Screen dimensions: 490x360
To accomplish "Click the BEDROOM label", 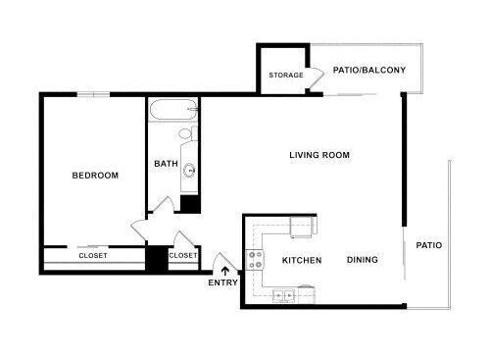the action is [x=95, y=176].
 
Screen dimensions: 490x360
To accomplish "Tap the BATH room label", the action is [x=166, y=164].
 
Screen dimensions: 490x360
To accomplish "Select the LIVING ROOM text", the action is [x=319, y=155].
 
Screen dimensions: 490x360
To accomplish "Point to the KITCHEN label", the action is [x=302, y=260].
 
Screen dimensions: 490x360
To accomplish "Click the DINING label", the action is [x=363, y=260].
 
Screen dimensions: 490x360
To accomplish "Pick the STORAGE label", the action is [x=286, y=76].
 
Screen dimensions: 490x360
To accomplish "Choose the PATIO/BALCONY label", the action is [x=369, y=70].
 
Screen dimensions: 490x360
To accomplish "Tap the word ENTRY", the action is [x=223, y=283].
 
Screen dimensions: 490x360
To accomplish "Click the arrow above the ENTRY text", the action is [x=225, y=272].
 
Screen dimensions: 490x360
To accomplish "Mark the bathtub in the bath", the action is [x=173, y=110].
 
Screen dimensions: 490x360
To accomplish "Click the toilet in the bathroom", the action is [x=188, y=133].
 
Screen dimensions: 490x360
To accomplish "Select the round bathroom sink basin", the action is [x=189, y=170].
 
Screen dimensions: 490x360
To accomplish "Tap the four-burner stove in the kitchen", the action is [x=255, y=260].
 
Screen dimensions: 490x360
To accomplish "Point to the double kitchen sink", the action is [x=283, y=296].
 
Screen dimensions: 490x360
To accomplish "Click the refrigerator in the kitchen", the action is [x=304, y=227].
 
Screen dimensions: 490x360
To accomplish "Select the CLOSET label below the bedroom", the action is [x=93, y=256].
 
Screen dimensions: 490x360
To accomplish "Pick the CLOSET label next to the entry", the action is [x=183, y=255].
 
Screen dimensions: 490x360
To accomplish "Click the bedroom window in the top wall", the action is [x=93, y=95].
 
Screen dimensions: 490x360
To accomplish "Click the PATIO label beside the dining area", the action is [x=429, y=245].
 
